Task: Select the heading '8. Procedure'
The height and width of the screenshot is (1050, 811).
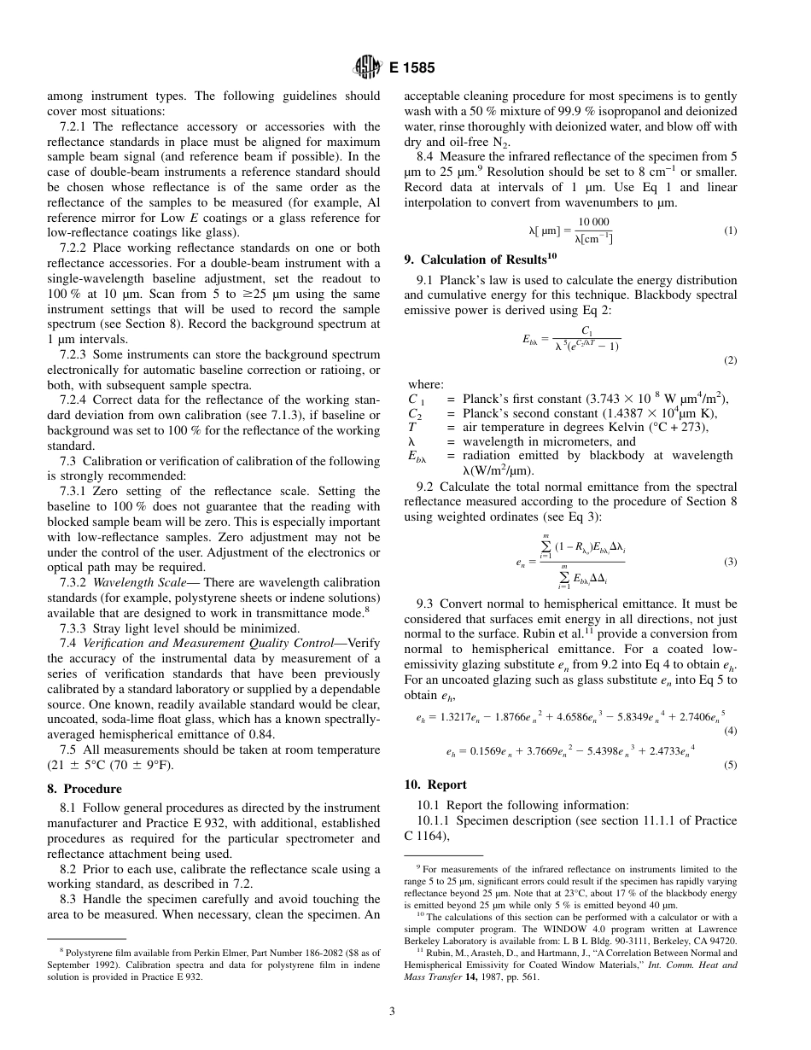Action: point(85,789)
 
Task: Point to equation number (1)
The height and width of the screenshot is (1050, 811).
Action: point(730,230)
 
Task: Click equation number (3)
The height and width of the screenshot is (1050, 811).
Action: point(730,562)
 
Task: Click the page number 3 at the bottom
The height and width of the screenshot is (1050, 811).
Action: point(392,1012)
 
